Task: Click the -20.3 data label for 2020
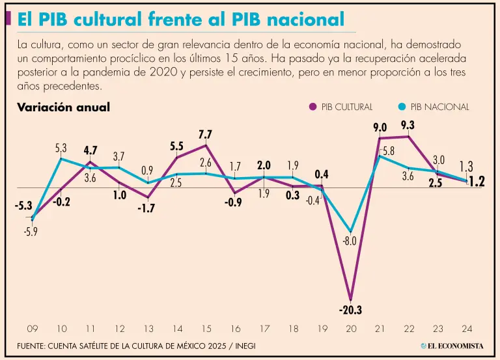[350, 310]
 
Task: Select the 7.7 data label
[206, 135]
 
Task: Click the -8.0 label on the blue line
[350, 242]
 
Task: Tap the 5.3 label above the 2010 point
[61, 148]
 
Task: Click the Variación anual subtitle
[63, 107]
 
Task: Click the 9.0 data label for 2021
[380, 128]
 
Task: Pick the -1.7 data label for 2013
[147, 209]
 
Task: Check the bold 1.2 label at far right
[477, 182]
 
